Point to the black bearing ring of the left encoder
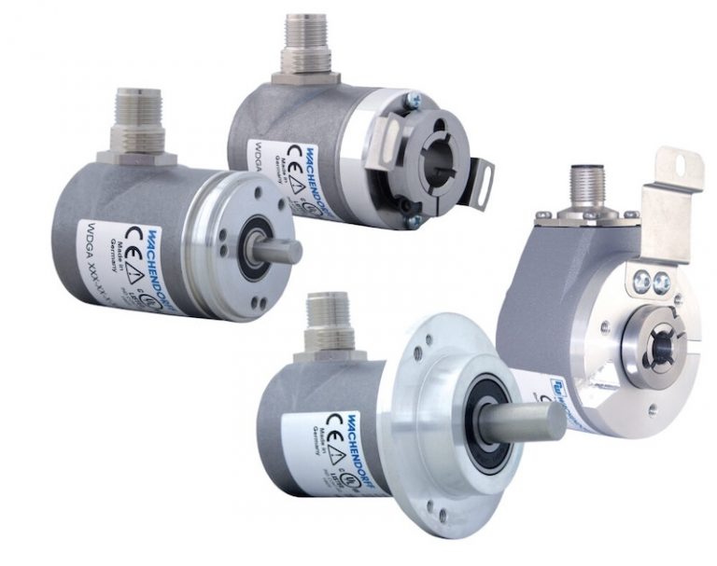point(250,249)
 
